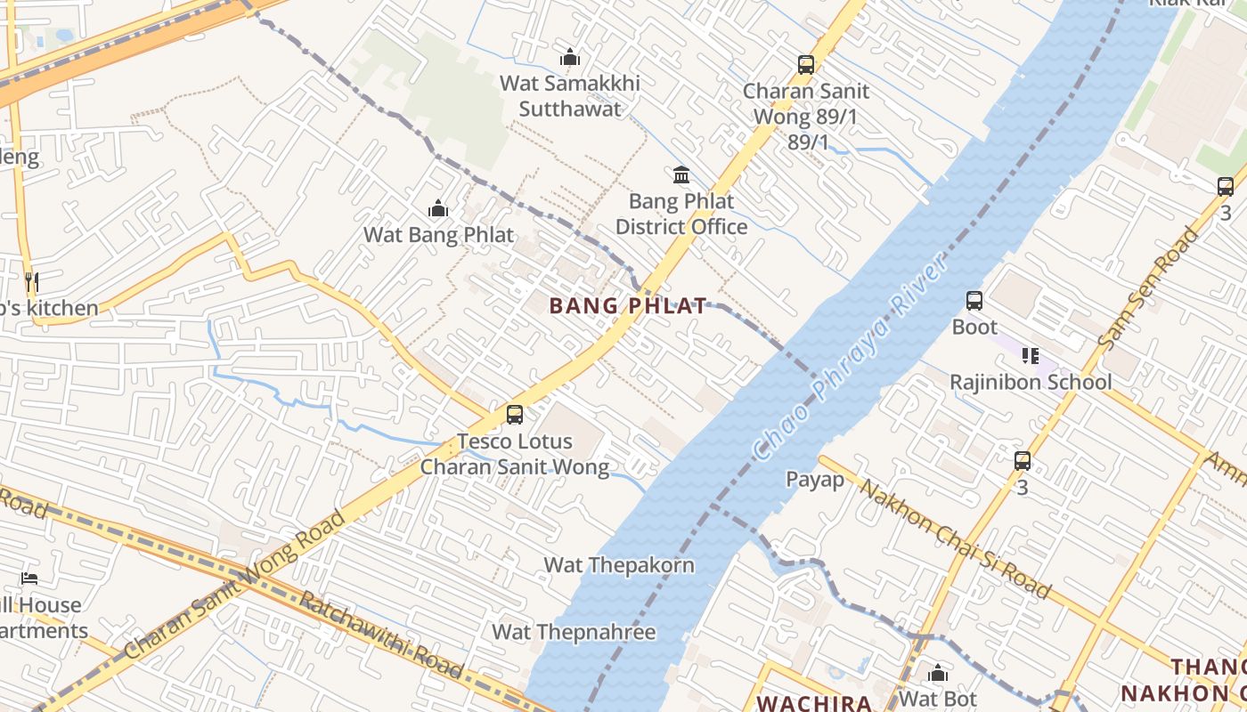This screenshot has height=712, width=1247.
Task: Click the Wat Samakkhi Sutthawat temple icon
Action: (570, 58)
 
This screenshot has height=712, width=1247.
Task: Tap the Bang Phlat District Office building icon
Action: (681, 174)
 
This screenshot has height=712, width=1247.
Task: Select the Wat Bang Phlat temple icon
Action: (437, 209)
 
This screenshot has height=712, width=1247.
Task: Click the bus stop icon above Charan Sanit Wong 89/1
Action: (806, 65)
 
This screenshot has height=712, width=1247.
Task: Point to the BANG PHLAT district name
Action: (628, 306)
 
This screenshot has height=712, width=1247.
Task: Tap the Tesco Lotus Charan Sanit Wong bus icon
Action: (515, 415)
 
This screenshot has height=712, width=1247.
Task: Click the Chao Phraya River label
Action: (847, 359)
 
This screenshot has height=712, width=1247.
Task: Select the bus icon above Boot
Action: (974, 301)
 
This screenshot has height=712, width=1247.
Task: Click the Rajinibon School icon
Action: (1031, 356)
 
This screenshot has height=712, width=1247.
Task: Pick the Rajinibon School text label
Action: (1031, 383)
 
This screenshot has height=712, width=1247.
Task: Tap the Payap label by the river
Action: (814, 480)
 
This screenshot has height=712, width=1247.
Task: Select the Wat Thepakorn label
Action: (619, 565)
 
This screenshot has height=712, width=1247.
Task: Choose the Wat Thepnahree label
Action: (574, 633)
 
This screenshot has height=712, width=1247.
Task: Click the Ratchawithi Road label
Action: (380, 635)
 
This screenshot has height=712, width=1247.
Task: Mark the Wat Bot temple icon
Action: (938, 673)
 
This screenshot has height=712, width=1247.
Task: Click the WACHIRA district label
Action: (814, 703)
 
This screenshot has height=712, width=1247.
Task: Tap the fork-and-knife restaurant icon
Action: (31, 283)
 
